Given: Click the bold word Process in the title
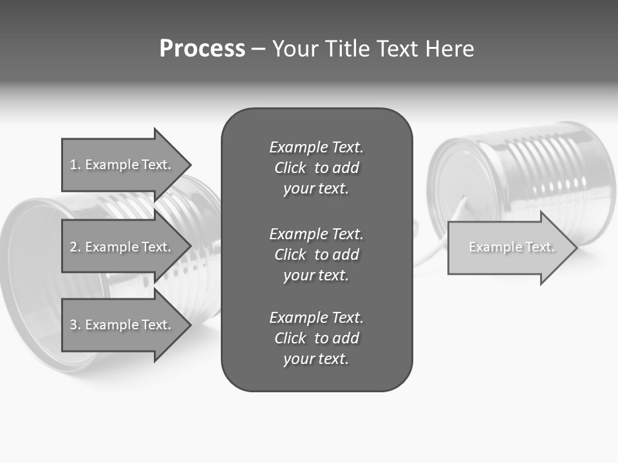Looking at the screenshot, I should coord(202,49).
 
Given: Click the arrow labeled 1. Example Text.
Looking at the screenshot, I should coord(120,165).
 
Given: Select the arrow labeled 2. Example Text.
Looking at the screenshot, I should coord(120,247).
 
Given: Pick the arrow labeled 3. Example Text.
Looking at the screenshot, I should coord(120,325).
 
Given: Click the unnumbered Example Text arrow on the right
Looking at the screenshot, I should coord(512,247).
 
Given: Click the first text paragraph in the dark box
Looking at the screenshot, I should coord(316,168).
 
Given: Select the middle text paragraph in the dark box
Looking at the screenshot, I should coord(316,254).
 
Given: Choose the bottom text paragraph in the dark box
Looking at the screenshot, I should coord(316,338).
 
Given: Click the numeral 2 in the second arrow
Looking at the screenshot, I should coord(73,247).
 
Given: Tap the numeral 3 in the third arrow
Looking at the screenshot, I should coord(73,325).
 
